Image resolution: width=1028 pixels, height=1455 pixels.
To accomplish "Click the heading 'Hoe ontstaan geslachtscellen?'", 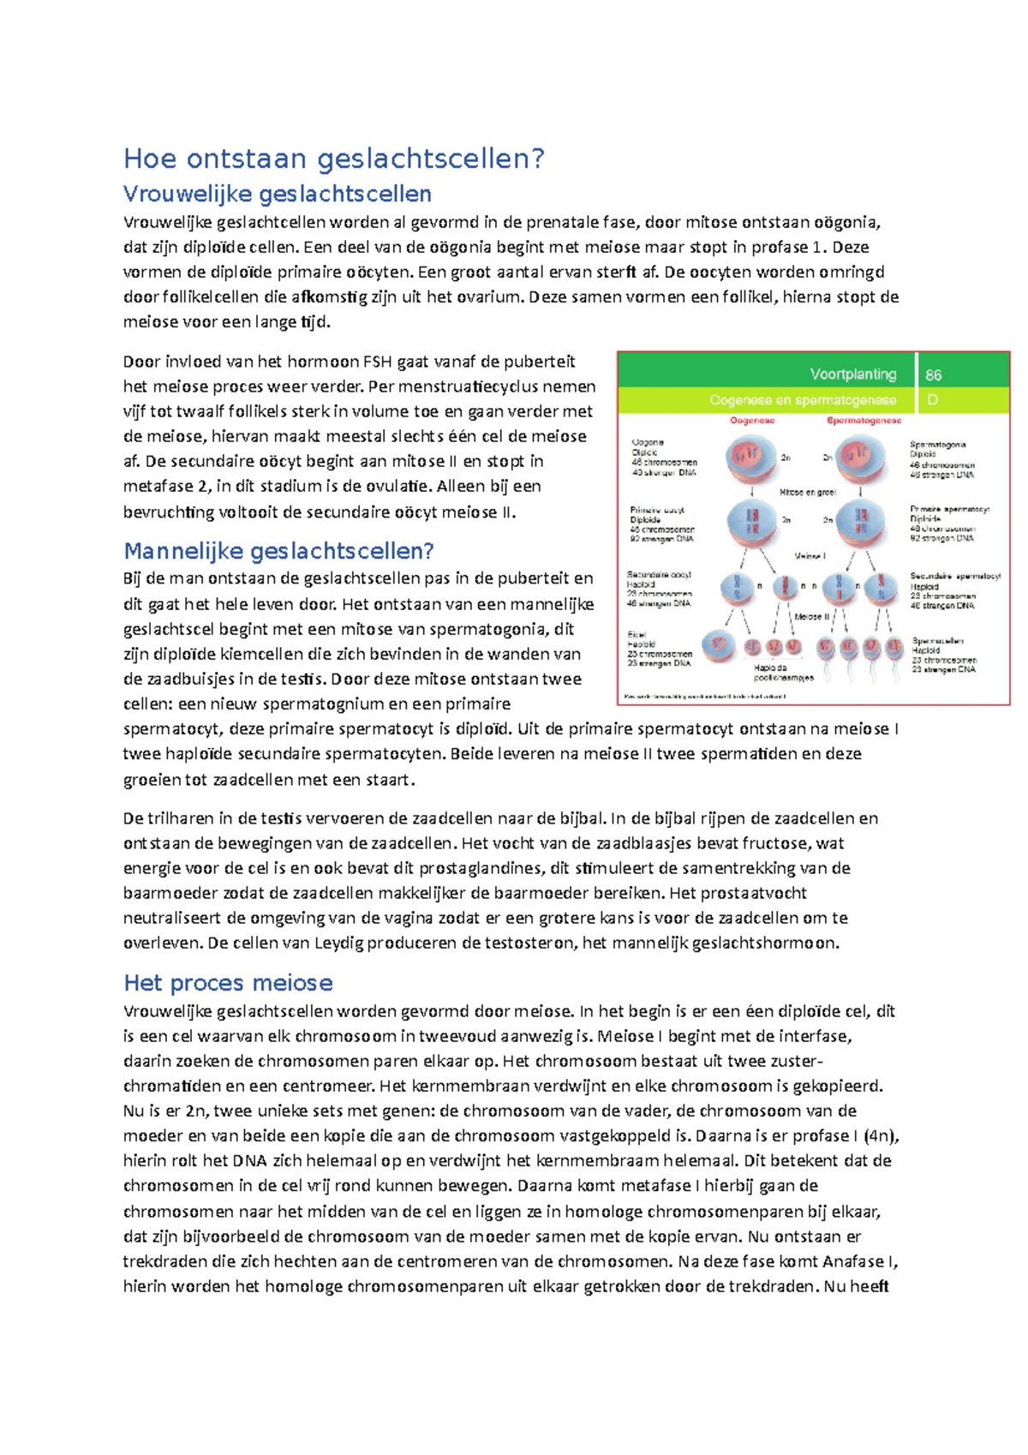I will (x=333, y=159).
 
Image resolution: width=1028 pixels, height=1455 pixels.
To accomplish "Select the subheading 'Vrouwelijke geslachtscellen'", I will (x=277, y=194).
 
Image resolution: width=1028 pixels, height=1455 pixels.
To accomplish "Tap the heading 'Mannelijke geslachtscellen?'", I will (x=278, y=550).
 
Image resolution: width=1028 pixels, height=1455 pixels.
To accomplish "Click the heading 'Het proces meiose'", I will (x=228, y=982).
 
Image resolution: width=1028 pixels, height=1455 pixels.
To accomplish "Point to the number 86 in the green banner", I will (x=933, y=374).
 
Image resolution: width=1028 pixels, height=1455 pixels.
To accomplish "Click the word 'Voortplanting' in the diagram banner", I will (x=852, y=374).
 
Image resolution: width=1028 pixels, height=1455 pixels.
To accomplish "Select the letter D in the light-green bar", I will (x=932, y=400).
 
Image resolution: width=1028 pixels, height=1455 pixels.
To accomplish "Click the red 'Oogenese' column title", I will (x=752, y=421).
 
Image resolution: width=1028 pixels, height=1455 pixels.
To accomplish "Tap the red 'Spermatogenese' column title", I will (x=863, y=421).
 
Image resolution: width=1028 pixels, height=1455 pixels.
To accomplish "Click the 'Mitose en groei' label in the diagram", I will (x=807, y=493).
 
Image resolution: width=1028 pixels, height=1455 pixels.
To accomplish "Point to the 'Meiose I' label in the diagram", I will (x=810, y=556).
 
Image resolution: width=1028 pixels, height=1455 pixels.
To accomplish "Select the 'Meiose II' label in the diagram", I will (x=811, y=616).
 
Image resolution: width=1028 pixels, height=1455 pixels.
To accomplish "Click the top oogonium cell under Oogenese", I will (x=750, y=458).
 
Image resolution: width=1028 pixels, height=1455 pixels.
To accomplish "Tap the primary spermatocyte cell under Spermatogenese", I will (x=860, y=522).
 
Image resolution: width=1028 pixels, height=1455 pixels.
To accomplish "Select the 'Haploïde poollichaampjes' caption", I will (x=782, y=673).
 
